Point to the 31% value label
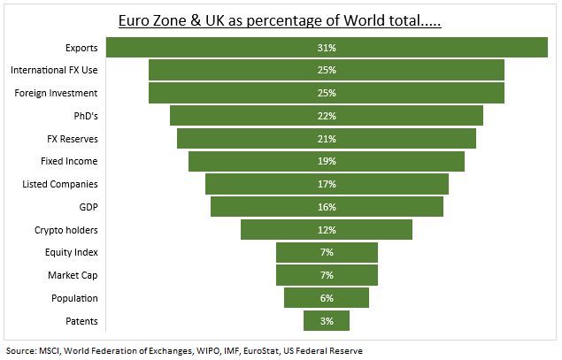point(327,48)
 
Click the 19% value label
point(327,161)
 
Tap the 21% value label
point(327,139)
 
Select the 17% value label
point(327,184)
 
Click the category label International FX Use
point(53,71)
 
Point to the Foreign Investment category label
point(57,93)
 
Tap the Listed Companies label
point(59,184)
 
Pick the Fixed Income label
point(69,161)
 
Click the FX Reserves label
point(72,139)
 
